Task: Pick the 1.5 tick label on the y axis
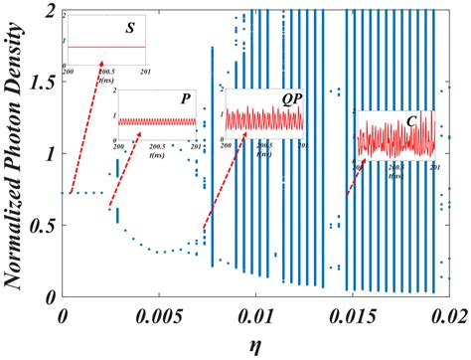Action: point(43,83)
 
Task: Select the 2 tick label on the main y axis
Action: point(51,11)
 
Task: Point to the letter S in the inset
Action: point(129,27)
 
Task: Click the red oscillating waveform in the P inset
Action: point(159,120)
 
